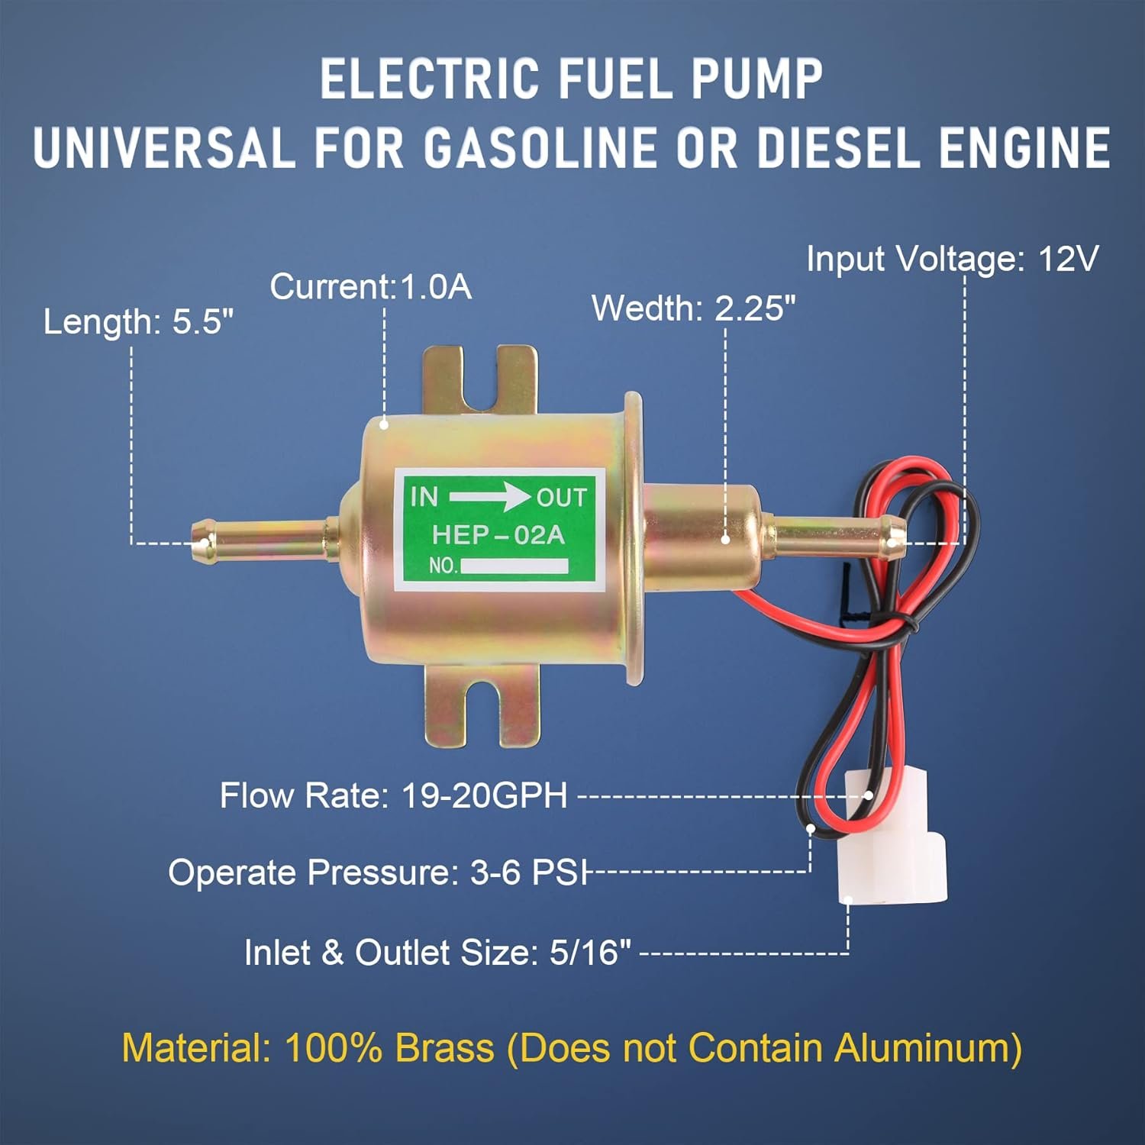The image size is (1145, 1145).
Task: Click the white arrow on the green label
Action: tap(489, 498)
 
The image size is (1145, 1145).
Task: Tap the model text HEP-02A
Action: tap(498, 534)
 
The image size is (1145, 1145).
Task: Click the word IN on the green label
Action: tap(424, 497)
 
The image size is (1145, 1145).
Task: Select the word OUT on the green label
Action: tap(562, 498)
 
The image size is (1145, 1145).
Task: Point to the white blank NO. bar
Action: tap(514, 566)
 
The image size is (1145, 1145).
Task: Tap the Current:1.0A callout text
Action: tap(371, 287)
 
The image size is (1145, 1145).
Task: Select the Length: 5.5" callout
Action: tap(138, 321)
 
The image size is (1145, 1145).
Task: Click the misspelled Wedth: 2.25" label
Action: tap(694, 308)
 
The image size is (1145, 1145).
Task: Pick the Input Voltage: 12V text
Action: tap(953, 260)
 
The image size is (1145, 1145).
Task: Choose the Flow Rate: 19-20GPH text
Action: tap(394, 795)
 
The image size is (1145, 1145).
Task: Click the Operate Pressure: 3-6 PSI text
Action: tap(378, 872)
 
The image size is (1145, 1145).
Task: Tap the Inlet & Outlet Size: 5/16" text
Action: tap(438, 953)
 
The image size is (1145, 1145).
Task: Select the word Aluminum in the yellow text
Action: tap(921, 1048)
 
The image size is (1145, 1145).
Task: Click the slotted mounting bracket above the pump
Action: tap(481, 382)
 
